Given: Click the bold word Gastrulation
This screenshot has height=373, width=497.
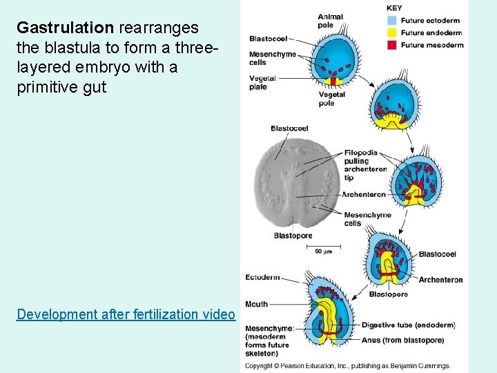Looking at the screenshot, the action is tap(65, 28).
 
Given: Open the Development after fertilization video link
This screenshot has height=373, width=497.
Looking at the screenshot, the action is tap(126, 314).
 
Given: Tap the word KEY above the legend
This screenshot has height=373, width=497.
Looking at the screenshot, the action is tap(394, 8).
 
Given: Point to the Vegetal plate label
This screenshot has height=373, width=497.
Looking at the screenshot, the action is tap(262, 82).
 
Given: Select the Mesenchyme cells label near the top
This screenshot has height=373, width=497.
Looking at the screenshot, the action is tap(272, 58).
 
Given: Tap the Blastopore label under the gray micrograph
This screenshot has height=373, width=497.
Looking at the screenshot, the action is tap(293, 236).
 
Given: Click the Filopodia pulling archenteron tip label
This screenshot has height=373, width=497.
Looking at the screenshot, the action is tap(360, 165).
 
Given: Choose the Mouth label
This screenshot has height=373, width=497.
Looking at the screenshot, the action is tap(256, 304).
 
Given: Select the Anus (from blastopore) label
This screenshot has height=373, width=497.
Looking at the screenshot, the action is tap(402, 340).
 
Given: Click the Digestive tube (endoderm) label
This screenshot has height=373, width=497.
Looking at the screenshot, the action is tap(409, 325).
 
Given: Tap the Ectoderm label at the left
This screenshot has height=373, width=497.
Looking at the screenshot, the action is tap(262, 278).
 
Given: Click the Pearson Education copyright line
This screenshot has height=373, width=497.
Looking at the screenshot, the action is tap(348, 365).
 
